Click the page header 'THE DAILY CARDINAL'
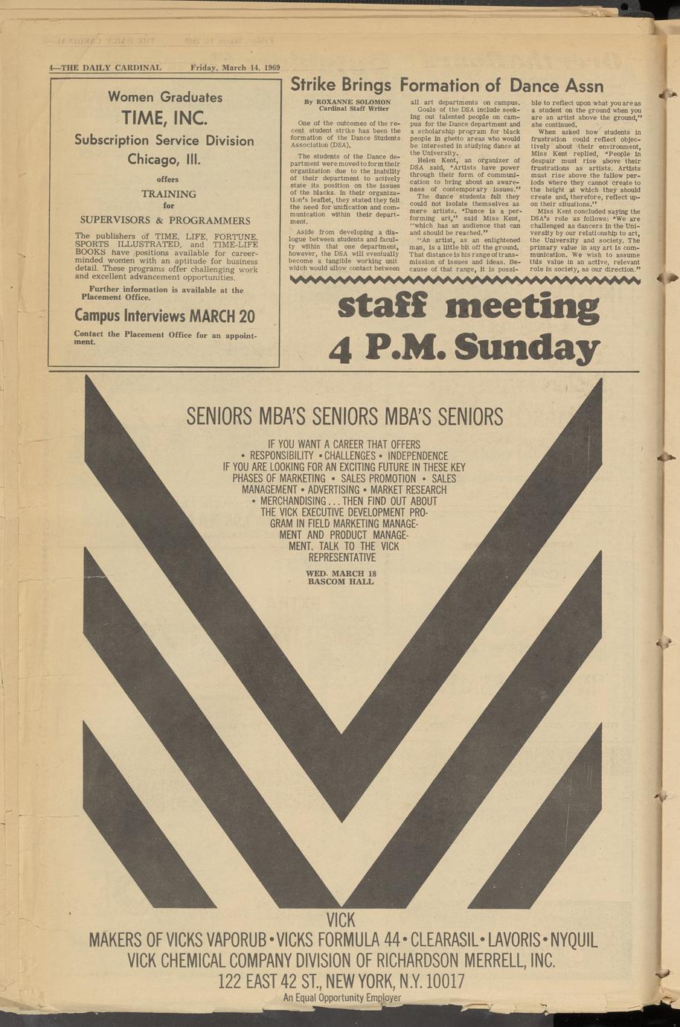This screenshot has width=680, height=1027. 108,68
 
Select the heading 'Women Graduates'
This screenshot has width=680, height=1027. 165,97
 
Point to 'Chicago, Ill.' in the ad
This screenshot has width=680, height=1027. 164,159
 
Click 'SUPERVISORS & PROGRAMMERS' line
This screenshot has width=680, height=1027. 164,220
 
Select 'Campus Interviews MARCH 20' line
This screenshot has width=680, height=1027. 164,316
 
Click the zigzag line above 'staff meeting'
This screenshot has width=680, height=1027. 464,281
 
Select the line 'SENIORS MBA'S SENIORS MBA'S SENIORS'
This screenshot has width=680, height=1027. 344,416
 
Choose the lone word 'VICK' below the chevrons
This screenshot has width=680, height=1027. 341,919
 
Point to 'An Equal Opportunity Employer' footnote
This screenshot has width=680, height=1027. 341,998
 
